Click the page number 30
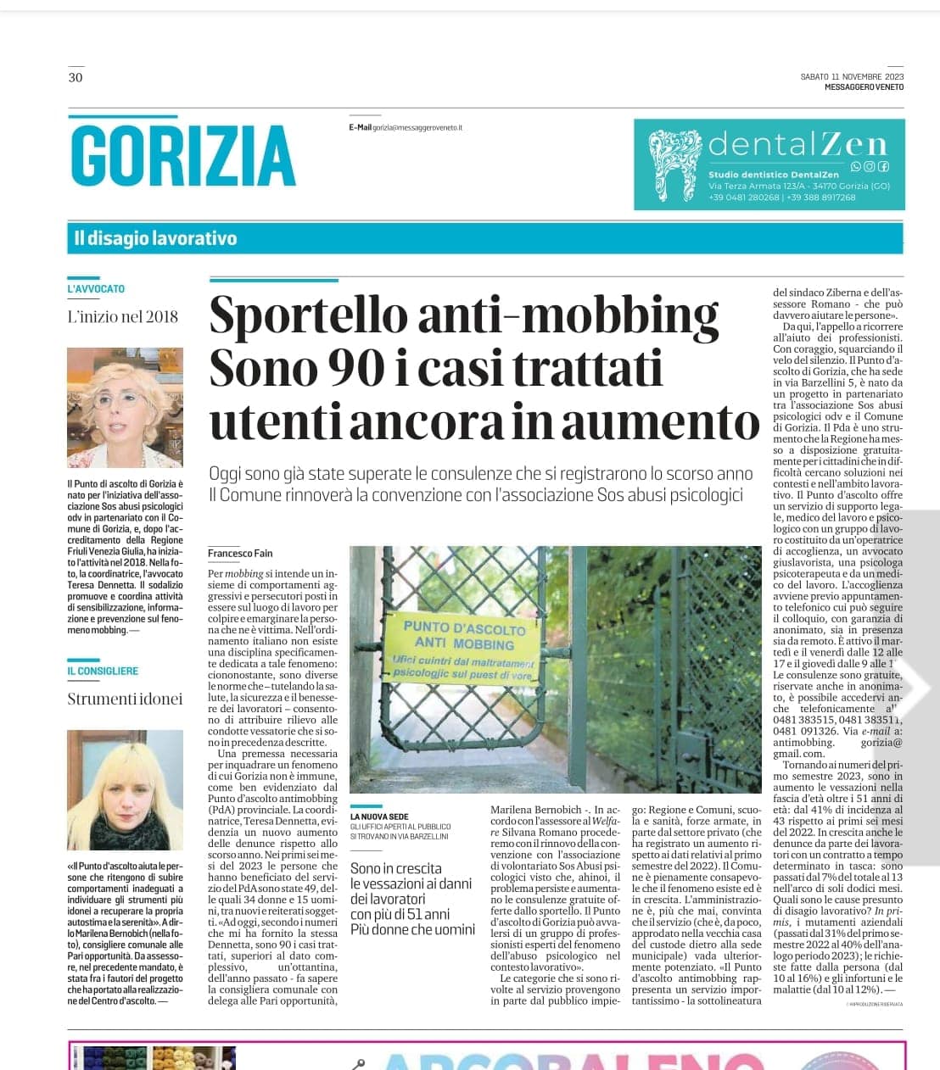(x=76, y=78)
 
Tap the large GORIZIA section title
(x=183, y=156)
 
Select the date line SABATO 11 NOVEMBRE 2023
(x=852, y=76)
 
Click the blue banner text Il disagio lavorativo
(x=155, y=238)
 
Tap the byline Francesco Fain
(x=241, y=553)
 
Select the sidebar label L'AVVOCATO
(x=96, y=288)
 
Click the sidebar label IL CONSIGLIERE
(x=103, y=671)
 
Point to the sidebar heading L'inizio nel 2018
(x=123, y=316)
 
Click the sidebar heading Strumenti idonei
(x=125, y=699)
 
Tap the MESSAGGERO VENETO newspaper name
(x=864, y=86)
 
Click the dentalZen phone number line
(x=781, y=198)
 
